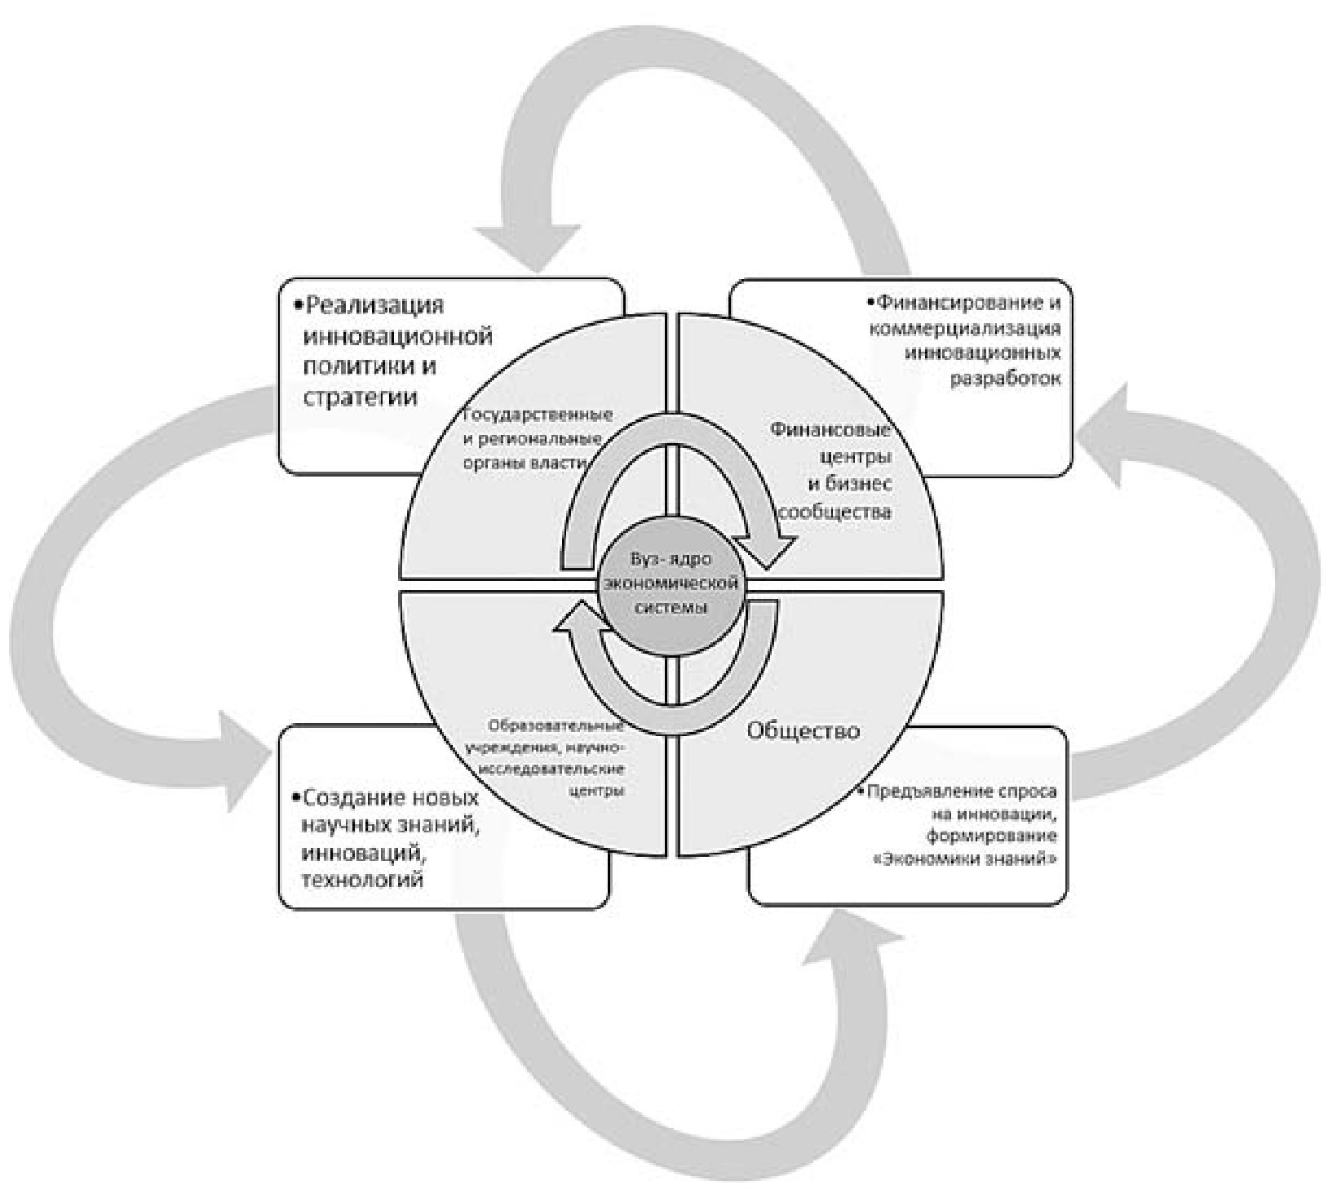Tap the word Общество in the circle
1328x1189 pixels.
click(803, 730)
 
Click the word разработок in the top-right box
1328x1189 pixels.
click(1006, 379)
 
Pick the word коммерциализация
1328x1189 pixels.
click(965, 329)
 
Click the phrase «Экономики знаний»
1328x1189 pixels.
click(970, 859)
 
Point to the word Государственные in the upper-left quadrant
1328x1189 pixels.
click(538, 415)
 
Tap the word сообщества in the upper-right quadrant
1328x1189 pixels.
click(835, 512)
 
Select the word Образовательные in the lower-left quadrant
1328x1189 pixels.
click(557, 725)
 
